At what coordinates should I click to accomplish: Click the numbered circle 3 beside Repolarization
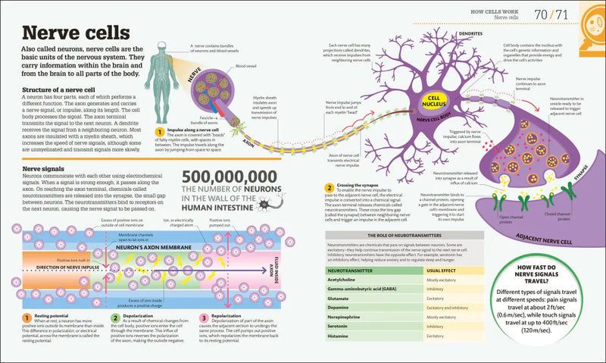(203, 318)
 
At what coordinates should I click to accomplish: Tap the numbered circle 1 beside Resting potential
(27, 318)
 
